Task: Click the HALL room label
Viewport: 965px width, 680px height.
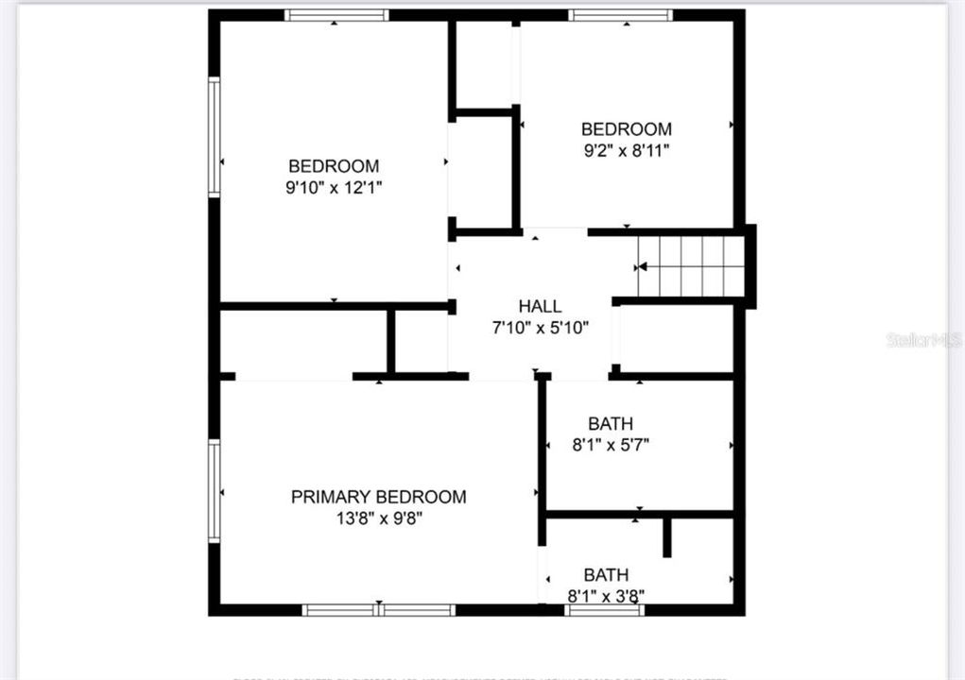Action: coord(540,306)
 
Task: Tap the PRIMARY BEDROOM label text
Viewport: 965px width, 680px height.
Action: coord(378,497)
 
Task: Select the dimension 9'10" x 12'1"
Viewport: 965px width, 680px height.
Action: coord(334,187)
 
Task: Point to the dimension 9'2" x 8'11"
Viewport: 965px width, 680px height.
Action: coord(626,149)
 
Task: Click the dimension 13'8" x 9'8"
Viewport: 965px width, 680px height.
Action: coord(378,518)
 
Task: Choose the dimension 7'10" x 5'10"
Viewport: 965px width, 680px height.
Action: coord(540,328)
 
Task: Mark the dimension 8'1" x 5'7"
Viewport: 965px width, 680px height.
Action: coord(610,445)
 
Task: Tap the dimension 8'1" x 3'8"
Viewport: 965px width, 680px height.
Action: coord(606,596)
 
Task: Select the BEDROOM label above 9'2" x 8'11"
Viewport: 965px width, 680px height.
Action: coord(626,128)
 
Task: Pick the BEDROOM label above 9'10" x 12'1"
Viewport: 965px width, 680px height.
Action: coord(334,166)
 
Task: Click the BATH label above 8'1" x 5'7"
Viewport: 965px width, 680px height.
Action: coord(611,424)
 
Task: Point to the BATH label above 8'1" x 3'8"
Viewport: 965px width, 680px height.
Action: coord(606,574)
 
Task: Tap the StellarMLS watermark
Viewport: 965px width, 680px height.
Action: coord(924,339)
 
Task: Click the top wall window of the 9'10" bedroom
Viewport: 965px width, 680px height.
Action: coord(336,15)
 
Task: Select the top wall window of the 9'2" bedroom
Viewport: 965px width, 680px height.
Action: coord(621,15)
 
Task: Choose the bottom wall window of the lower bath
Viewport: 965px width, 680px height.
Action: coord(605,610)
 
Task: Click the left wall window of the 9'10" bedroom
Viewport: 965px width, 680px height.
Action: coord(215,137)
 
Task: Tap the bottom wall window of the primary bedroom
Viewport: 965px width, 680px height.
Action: coord(379,610)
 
